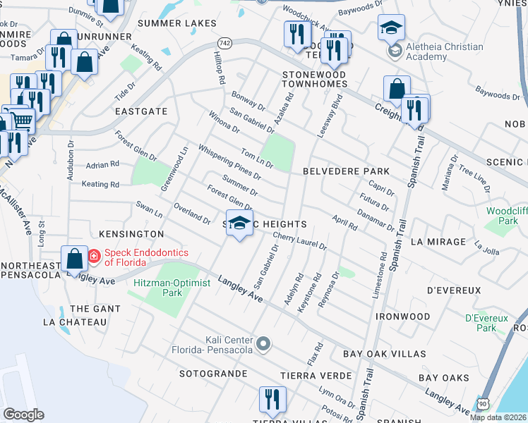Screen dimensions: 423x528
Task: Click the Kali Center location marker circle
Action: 264,344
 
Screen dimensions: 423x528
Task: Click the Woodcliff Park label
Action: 507,216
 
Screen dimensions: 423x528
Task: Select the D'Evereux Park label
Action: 486,323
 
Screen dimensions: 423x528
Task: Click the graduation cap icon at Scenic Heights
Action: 240,223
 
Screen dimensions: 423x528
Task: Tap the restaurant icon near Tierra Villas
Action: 269,399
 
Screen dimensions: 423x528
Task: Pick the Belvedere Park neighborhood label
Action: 346,171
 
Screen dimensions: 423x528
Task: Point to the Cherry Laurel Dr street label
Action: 299,242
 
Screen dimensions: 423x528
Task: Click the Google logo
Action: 23,415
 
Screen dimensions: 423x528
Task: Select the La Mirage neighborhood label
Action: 438,242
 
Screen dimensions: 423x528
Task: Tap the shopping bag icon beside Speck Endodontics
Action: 74,259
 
